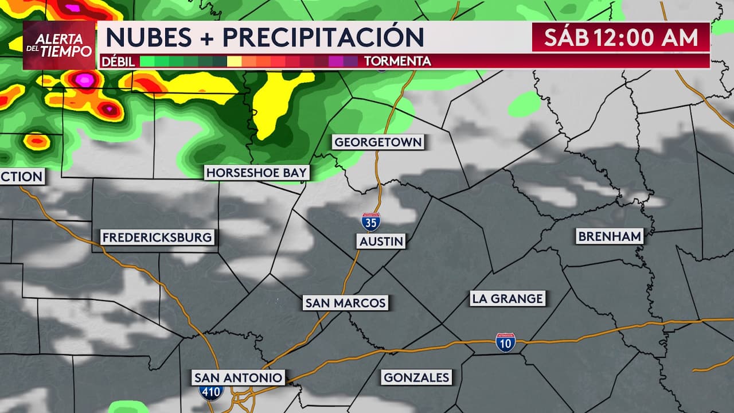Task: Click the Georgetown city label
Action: (x=378, y=142)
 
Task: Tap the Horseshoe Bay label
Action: (x=257, y=173)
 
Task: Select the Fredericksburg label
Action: (x=157, y=237)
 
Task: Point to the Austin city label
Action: (x=381, y=241)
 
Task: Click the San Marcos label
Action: (x=346, y=303)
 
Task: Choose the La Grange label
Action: (x=507, y=298)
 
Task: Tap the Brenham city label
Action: (x=610, y=236)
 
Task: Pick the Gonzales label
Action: (x=417, y=377)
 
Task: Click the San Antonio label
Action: (x=238, y=377)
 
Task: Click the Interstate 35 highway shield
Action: (x=370, y=221)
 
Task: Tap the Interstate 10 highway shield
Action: (x=505, y=342)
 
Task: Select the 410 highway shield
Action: (x=212, y=392)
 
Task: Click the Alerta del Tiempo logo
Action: (x=59, y=45)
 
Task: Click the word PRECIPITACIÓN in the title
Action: (x=323, y=38)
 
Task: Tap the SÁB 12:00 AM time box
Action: (x=621, y=38)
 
